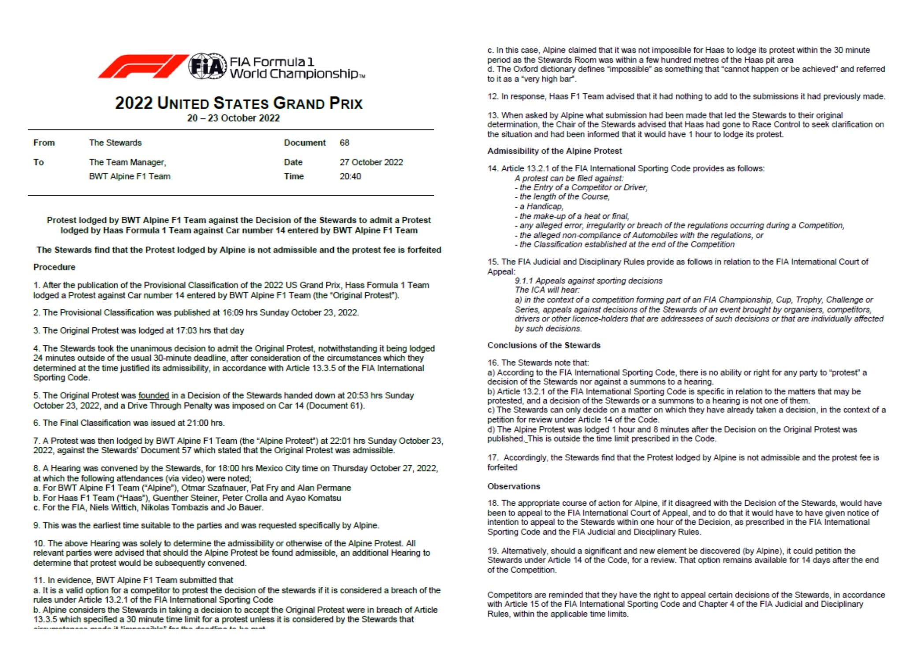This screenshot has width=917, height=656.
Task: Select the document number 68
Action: [344, 143]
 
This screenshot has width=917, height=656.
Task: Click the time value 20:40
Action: [350, 176]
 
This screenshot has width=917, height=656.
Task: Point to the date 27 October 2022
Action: [371, 162]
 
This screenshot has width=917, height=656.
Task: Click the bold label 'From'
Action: [44, 143]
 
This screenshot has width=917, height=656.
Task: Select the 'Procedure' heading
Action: [54, 267]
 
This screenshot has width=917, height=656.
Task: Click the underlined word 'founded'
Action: [153, 396]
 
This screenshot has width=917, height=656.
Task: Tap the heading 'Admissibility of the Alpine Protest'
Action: [554, 151]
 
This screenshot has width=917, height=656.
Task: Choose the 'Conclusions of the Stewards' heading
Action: [544, 345]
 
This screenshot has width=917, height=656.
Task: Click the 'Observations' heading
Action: [514, 486]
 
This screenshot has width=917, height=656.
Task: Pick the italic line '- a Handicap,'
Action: [539, 207]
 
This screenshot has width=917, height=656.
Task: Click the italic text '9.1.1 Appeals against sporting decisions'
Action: [588, 281]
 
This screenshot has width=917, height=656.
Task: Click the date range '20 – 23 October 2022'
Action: [233, 118]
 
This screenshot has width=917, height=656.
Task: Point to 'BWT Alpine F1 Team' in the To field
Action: [130, 176]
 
